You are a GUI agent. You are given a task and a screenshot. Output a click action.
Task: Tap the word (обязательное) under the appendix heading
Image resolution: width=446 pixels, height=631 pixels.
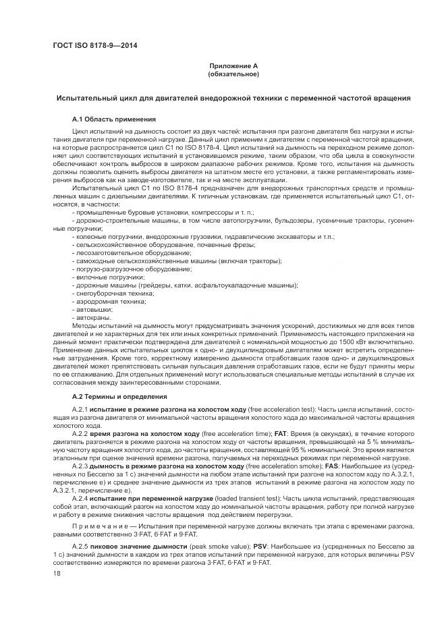point(233,74)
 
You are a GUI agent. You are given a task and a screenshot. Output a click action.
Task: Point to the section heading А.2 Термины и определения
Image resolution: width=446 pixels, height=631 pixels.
point(115,397)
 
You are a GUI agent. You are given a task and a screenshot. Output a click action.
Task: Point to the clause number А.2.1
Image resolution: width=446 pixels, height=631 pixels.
point(80,410)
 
